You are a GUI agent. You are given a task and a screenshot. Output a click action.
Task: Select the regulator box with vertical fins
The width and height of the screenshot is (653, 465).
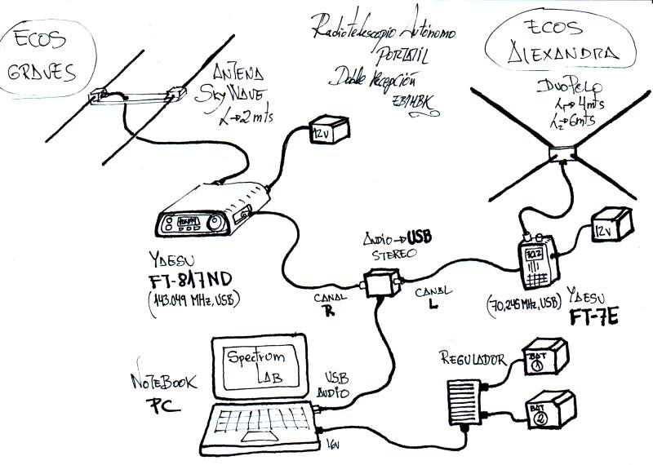pos(470,405)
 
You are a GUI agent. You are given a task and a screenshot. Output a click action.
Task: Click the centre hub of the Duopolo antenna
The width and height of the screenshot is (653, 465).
pos(562,153)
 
